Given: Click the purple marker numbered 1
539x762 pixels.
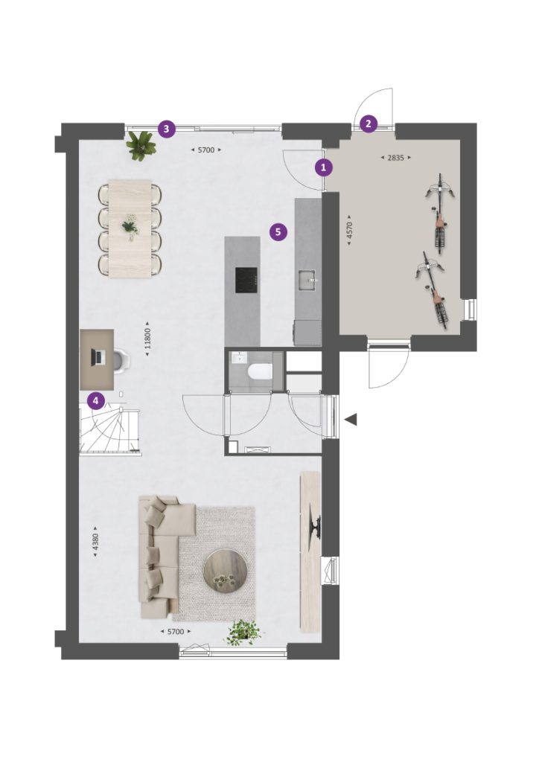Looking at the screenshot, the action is (324, 167).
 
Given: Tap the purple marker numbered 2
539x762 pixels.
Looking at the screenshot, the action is (368, 124).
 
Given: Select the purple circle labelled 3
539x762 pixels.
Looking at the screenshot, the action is (167, 129).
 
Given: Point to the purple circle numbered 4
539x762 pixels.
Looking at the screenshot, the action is (96, 401).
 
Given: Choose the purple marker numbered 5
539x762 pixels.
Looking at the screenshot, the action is (278, 232).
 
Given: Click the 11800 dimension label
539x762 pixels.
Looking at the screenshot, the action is (147, 339).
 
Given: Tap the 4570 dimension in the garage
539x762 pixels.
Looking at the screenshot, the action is (349, 231).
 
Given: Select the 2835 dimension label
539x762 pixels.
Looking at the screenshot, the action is (395, 158).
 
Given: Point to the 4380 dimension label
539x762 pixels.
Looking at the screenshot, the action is (95, 542).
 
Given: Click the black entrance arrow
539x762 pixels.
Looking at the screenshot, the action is (351, 419).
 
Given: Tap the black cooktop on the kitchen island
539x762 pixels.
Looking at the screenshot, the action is (246, 280).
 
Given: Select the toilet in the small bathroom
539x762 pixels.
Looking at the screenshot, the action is (258, 373).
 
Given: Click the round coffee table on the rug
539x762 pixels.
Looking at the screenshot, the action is (226, 571).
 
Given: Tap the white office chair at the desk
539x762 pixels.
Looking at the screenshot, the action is (121, 359).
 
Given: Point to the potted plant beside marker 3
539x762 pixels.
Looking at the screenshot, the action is (141, 145).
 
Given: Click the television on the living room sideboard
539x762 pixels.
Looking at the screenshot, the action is (316, 528).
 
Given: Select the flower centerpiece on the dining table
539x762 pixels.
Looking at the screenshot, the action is (130, 227).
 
